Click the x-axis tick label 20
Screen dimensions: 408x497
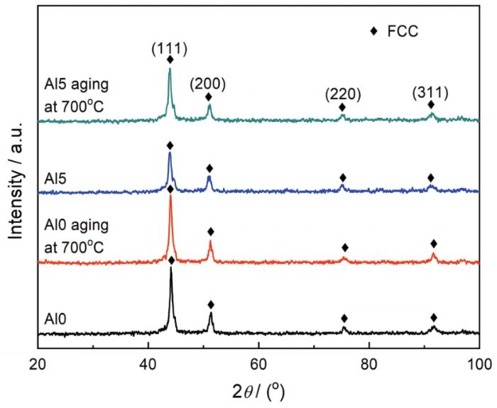click(x=38, y=363)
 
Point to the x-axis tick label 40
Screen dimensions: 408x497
click(x=148, y=363)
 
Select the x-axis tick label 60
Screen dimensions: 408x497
click(x=258, y=363)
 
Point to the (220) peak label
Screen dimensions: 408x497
click(x=342, y=94)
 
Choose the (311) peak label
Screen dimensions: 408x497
click(x=431, y=92)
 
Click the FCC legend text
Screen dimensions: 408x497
click(x=400, y=31)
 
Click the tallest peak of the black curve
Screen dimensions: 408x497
click(x=171, y=270)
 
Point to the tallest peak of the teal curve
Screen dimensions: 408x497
click(x=170, y=70)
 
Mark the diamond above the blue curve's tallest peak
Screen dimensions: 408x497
click(x=170, y=145)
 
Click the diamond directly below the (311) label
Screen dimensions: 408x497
click(x=431, y=105)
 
